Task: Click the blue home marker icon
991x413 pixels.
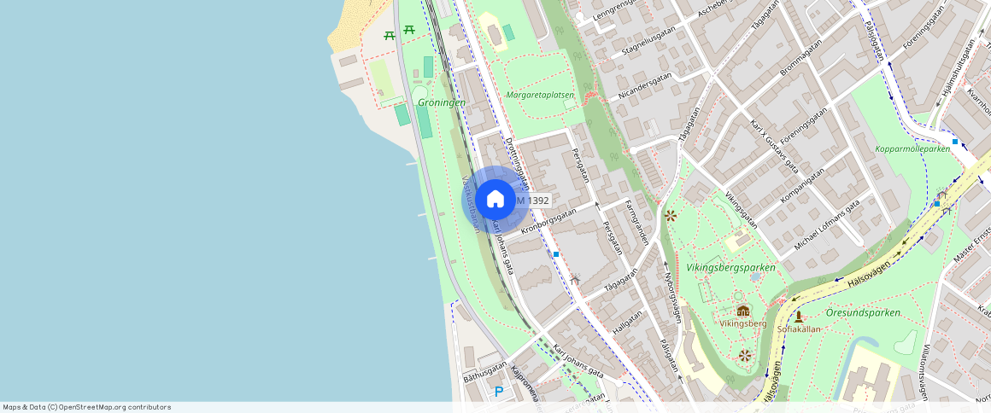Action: [495, 200]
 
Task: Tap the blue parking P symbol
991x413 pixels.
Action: [499, 392]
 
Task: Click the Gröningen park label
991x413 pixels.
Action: [442, 102]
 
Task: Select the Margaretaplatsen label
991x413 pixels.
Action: [540, 96]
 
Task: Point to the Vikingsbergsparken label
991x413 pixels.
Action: [730, 268]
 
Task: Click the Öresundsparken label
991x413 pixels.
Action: [864, 312]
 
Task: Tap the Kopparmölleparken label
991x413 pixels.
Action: [912, 149]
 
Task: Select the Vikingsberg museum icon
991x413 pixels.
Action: [742, 311]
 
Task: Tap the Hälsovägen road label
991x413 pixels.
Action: [865, 270]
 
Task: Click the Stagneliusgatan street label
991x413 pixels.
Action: [649, 39]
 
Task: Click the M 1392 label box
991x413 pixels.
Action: [531, 201]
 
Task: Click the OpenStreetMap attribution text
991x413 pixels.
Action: [86, 407]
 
